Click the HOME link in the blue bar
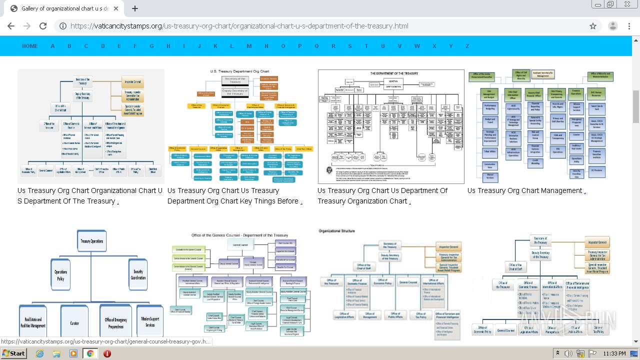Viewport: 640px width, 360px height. [x=30, y=46]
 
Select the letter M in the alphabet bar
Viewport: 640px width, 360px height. [x=249, y=46]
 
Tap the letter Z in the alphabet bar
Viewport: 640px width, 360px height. [x=467, y=46]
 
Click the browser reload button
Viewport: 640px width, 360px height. [x=43, y=26]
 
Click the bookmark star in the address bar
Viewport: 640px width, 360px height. [x=593, y=26]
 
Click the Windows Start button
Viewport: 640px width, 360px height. [x=14, y=353]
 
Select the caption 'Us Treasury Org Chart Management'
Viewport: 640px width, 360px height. [x=524, y=190]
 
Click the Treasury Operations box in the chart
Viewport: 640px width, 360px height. [x=91, y=241]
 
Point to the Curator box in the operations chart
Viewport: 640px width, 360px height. [x=74, y=323]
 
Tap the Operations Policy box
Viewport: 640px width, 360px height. [x=61, y=275]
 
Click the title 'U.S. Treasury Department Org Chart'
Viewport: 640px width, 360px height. [x=239, y=71]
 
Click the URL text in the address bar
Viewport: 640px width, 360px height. [x=239, y=26]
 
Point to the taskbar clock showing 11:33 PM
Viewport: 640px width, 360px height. [x=614, y=353]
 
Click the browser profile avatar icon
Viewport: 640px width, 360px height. [x=613, y=26]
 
